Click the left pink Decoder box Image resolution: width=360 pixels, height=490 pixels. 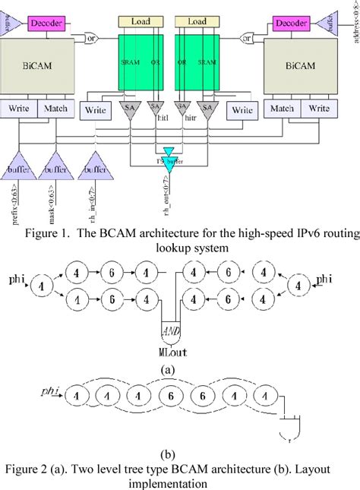pyautogui.click(x=47, y=24)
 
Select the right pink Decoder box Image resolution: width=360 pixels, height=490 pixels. pyautogui.click(x=291, y=24)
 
